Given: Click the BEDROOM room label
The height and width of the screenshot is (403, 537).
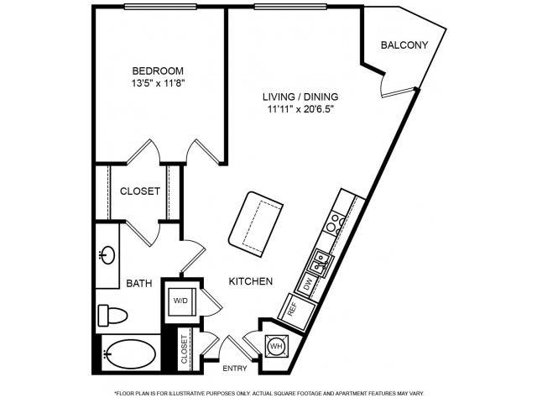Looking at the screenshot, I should [x=158, y=71].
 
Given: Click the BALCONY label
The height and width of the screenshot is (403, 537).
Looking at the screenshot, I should [x=404, y=45].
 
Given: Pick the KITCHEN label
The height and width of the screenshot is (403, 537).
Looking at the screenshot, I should [x=250, y=281].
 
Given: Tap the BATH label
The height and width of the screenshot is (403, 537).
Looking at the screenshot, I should [x=138, y=284].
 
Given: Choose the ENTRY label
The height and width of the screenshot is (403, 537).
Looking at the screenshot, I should [x=234, y=369].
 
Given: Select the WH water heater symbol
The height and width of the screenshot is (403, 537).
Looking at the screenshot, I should [x=276, y=345].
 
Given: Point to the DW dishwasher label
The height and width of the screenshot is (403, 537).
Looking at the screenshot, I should [x=308, y=285].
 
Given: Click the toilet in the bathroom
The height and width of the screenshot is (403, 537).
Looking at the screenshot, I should [x=112, y=315].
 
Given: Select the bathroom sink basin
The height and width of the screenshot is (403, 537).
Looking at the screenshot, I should [x=107, y=254].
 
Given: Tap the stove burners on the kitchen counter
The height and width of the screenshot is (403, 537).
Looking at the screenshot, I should [x=336, y=222].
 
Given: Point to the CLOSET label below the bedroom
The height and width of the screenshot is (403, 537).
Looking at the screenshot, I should [x=140, y=191].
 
